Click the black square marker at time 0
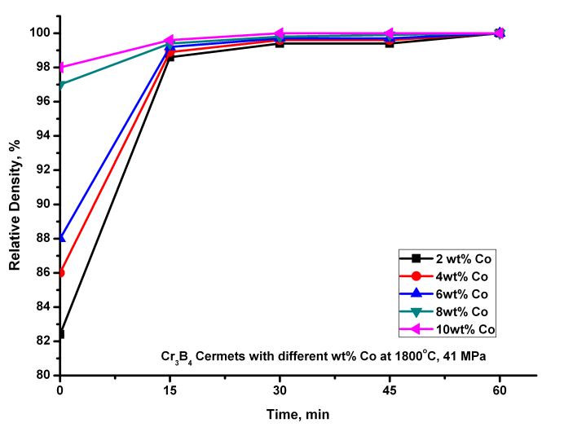point(60,333)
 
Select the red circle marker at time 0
point(60,272)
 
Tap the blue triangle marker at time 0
point(60,238)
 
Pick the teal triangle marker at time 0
point(60,85)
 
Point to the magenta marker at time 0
point(60,68)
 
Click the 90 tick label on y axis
point(42,205)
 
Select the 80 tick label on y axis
point(42,376)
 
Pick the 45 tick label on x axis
point(390,390)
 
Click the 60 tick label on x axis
point(500,390)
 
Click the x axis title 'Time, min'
point(297,415)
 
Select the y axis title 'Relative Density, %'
point(15,205)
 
